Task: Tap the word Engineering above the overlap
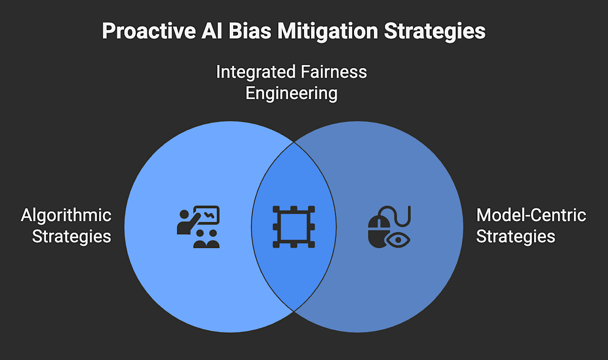pyautogui.click(x=292, y=93)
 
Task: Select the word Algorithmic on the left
pyautogui.click(x=66, y=215)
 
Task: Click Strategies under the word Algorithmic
pyautogui.click(x=72, y=236)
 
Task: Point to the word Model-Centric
pyautogui.click(x=531, y=215)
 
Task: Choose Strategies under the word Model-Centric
pyautogui.click(x=516, y=236)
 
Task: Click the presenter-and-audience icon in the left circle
pyautogui.click(x=198, y=227)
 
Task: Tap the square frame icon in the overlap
pyautogui.click(x=293, y=227)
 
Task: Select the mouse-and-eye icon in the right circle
pyautogui.click(x=389, y=227)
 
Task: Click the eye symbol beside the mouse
pyautogui.click(x=398, y=240)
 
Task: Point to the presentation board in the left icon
pyautogui.click(x=208, y=215)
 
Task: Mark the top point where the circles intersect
pyautogui.click(x=293, y=142)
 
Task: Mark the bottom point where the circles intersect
pyautogui.click(x=293, y=311)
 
